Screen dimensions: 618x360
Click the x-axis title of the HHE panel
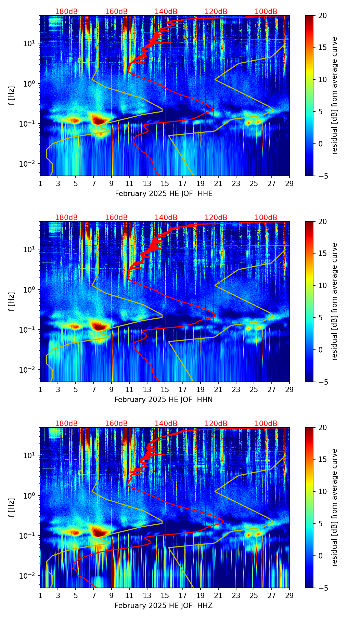pyautogui.click(x=164, y=194)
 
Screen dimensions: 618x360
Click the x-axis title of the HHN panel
pyautogui.click(x=164, y=400)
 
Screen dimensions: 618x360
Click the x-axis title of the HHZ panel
pyautogui.click(x=164, y=606)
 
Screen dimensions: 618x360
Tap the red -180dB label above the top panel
pyautogui.click(x=65, y=12)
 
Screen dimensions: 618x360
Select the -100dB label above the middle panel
pyautogui.click(x=265, y=218)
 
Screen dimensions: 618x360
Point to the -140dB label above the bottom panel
pyautogui.click(x=165, y=424)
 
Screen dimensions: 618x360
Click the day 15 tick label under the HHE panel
pyautogui.click(x=165, y=183)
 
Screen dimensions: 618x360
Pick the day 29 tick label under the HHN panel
pyautogui.click(x=289, y=389)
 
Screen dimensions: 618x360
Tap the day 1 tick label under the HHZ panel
pyautogui.click(x=40, y=595)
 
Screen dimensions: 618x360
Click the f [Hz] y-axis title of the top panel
pyautogui.click(x=11, y=96)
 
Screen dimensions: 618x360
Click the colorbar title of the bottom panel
pyautogui.click(x=335, y=507)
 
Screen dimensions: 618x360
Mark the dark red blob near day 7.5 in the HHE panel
pyautogui.click(x=99, y=120)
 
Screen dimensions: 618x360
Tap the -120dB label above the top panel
pyautogui.click(x=215, y=12)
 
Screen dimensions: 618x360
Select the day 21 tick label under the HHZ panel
pyautogui.click(x=218, y=595)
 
